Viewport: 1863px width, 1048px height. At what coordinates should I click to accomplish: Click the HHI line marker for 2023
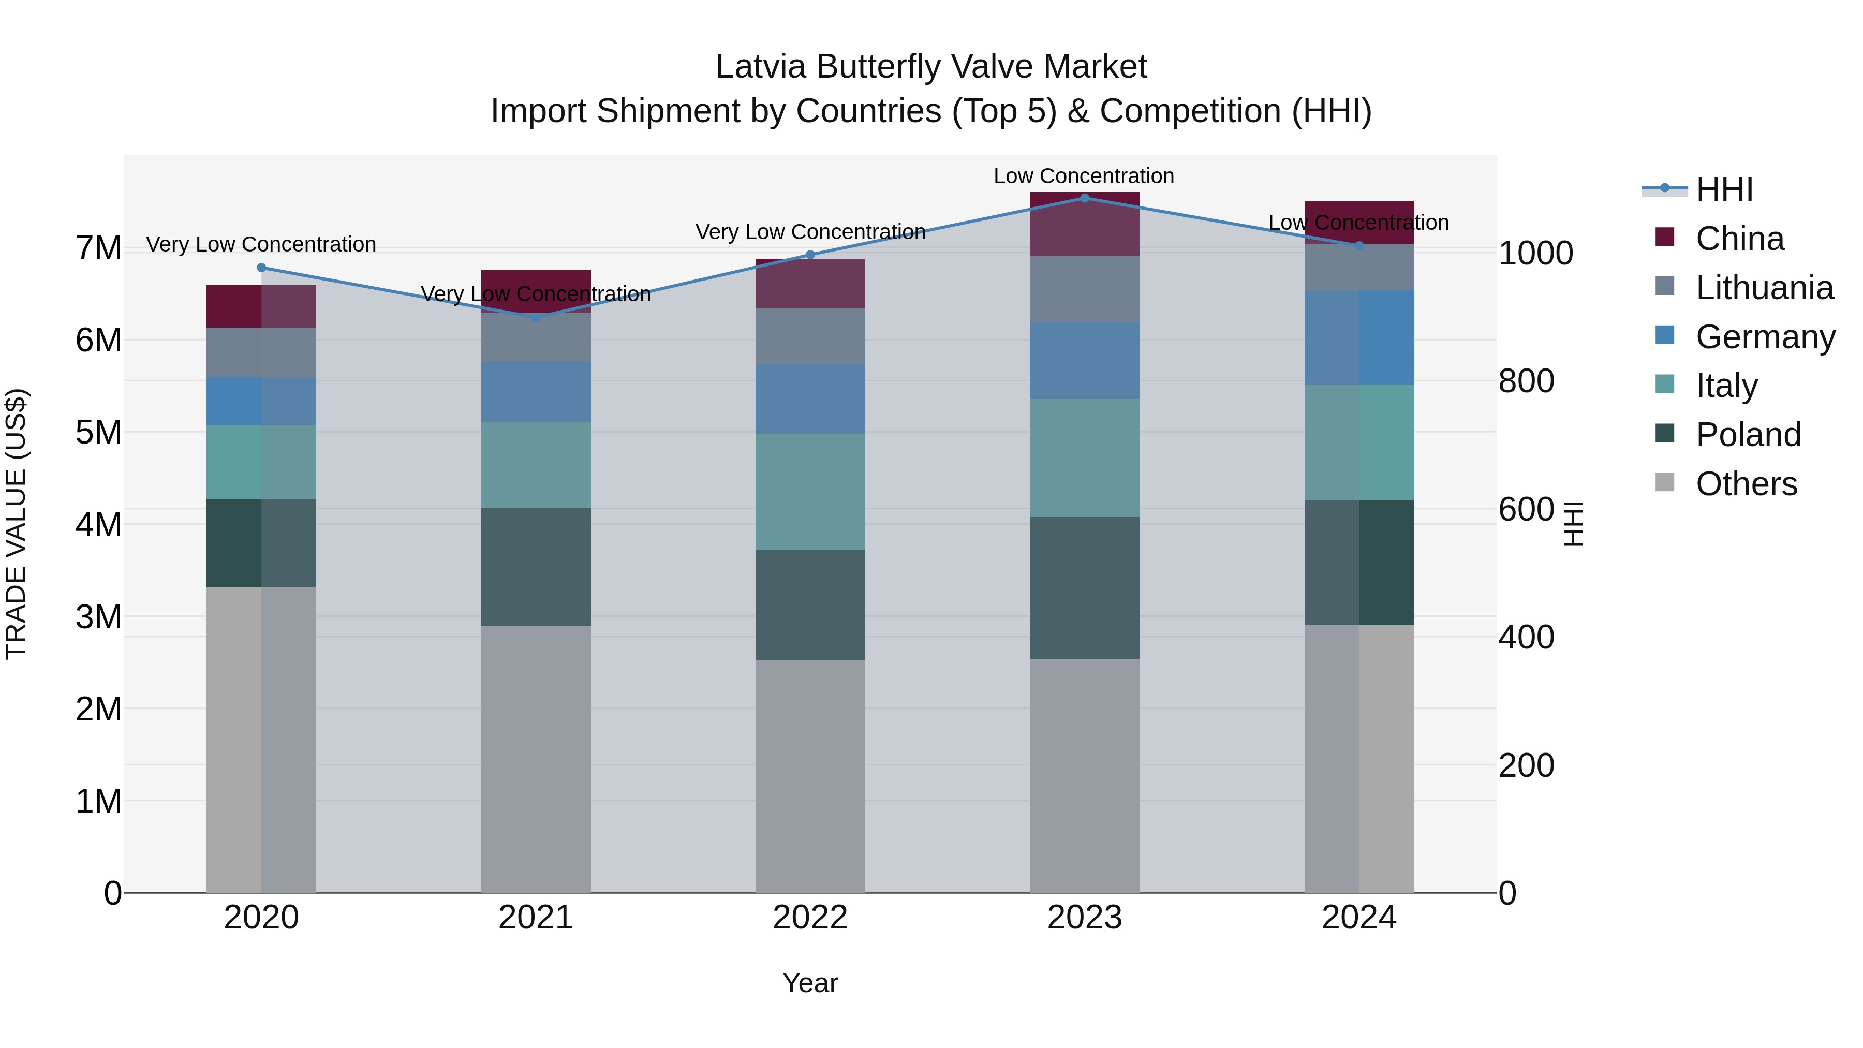pyautogui.click(x=1084, y=198)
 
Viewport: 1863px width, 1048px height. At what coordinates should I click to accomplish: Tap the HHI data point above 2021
pyautogui.click(x=536, y=317)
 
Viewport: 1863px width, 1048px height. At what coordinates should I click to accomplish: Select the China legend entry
pyautogui.click(x=1739, y=239)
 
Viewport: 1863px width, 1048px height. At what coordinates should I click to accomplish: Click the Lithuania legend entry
pyautogui.click(x=1764, y=288)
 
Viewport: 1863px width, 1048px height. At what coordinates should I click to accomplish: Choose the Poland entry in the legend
pyautogui.click(x=1748, y=435)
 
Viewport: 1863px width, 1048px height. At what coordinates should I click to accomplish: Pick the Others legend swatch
pyautogui.click(x=1665, y=482)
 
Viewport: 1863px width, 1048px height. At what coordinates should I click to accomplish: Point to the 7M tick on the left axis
pyautogui.click(x=99, y=248)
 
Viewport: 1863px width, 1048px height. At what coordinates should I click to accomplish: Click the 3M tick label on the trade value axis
pyautogui.click(x=99, y=617)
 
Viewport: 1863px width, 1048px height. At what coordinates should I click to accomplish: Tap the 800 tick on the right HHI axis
pyautogui.click(x=1526, y=381)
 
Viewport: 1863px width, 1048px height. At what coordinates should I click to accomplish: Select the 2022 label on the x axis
pyautogui.click(x=810, y=918)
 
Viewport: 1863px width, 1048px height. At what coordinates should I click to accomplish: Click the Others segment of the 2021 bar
pyautogui.click(x=536, y=759)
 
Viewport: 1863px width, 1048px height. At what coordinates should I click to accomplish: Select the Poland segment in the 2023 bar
pyautogui.click(x=1084, y=587)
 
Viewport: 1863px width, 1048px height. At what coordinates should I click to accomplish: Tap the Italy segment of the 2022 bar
pyautogui.click(x=810, y=492)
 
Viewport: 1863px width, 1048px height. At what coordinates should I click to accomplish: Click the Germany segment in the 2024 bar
pyautogui.click(x=1359, y=338)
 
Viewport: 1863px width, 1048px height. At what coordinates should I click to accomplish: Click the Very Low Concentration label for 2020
pyautogui.click(x=261, y=244)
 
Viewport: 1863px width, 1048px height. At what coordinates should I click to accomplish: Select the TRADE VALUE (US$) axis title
pyautogui.click(x=16, y=524)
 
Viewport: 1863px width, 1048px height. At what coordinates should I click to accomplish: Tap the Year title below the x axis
pyautogui.click(x=810, y=983)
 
